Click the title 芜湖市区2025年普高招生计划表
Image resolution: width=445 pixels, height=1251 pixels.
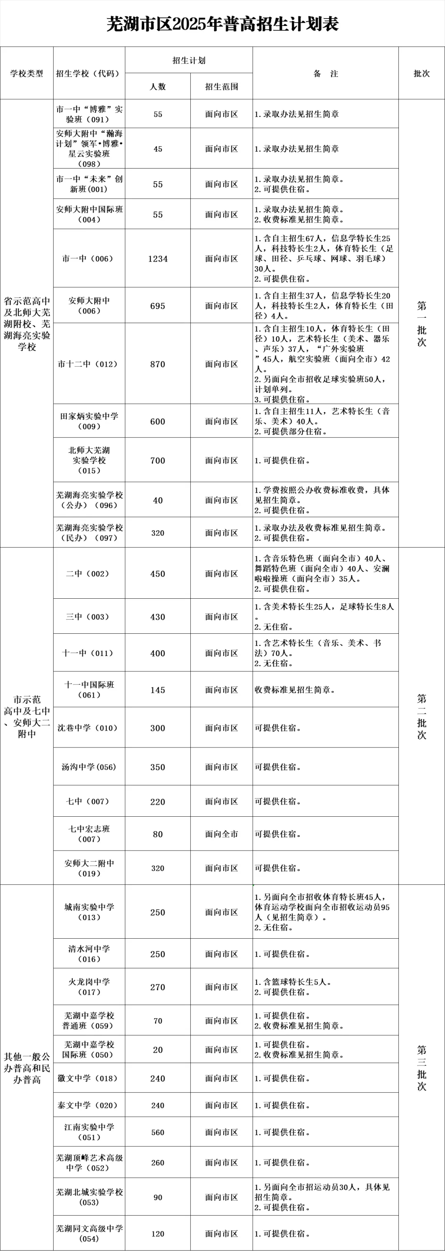[222, 24]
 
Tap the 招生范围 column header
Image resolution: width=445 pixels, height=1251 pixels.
[222, 87]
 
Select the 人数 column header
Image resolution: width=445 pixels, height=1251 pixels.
[157, 87]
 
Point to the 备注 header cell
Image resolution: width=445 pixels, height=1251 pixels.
[325, 74]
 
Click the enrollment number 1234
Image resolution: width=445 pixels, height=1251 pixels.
[157, 259]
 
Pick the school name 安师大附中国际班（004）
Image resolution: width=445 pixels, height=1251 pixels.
[89, 214]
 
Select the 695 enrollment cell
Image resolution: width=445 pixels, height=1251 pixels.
[157, 306]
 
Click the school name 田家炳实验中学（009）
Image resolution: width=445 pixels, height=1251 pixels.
[89, 421]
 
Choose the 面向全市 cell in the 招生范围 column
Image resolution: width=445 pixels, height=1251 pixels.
[222, 834]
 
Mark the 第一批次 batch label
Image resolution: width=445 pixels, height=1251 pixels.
[421, 323]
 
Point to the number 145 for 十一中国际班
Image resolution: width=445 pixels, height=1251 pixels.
[157, 690]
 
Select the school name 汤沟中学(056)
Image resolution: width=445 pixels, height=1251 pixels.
[89, 767]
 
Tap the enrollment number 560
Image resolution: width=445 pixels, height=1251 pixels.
[157, 1132]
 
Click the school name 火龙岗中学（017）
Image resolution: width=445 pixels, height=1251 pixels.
[89, 987]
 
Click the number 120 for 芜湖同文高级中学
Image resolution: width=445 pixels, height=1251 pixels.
[157, 1234]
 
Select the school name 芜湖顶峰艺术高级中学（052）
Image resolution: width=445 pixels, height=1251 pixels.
[89, 1163]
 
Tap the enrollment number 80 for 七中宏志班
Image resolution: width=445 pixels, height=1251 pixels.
[157, 834]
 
